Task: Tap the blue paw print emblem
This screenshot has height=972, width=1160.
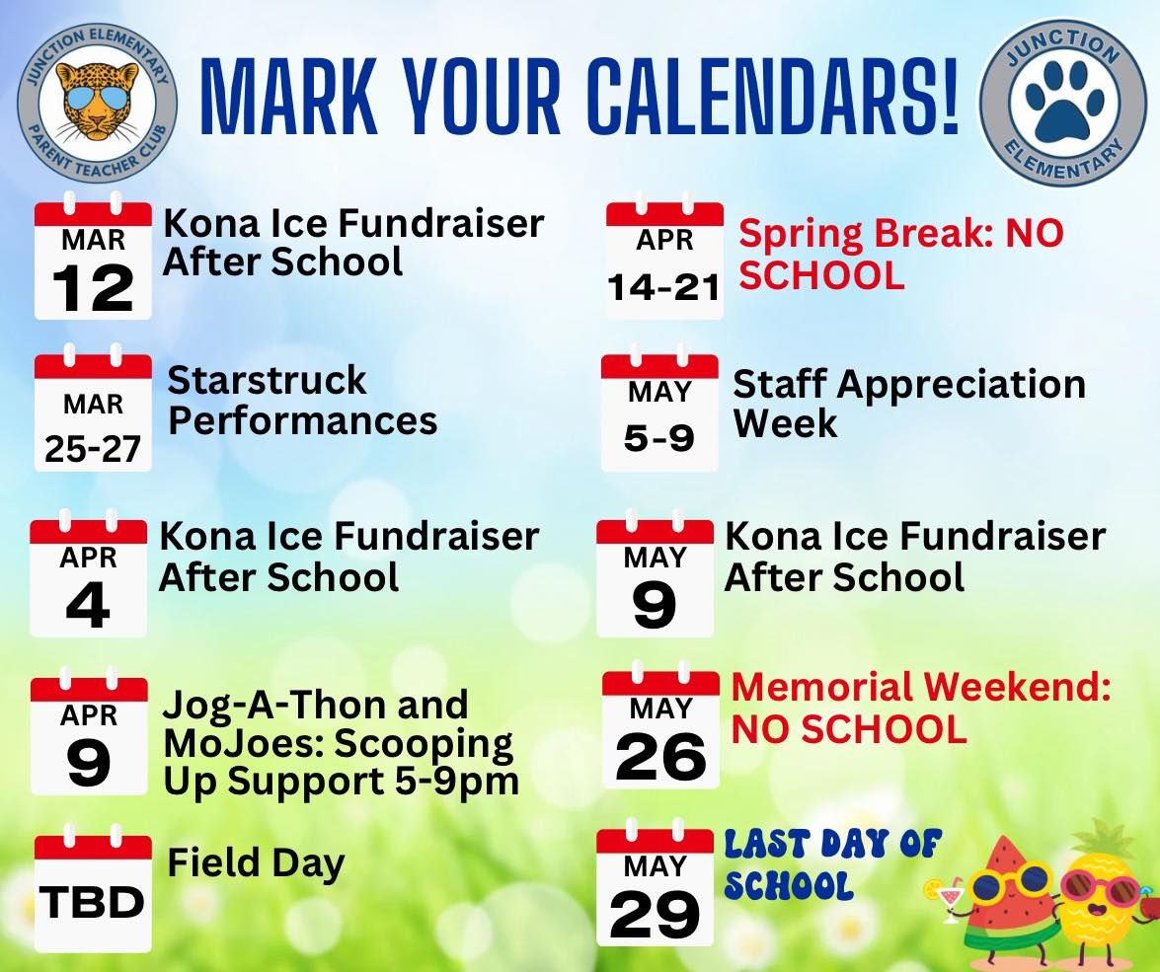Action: [1064, 101]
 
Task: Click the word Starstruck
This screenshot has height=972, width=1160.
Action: [268, 380]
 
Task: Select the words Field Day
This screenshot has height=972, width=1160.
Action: [256, 863]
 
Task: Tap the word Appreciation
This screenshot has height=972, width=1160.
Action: [961, 386]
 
